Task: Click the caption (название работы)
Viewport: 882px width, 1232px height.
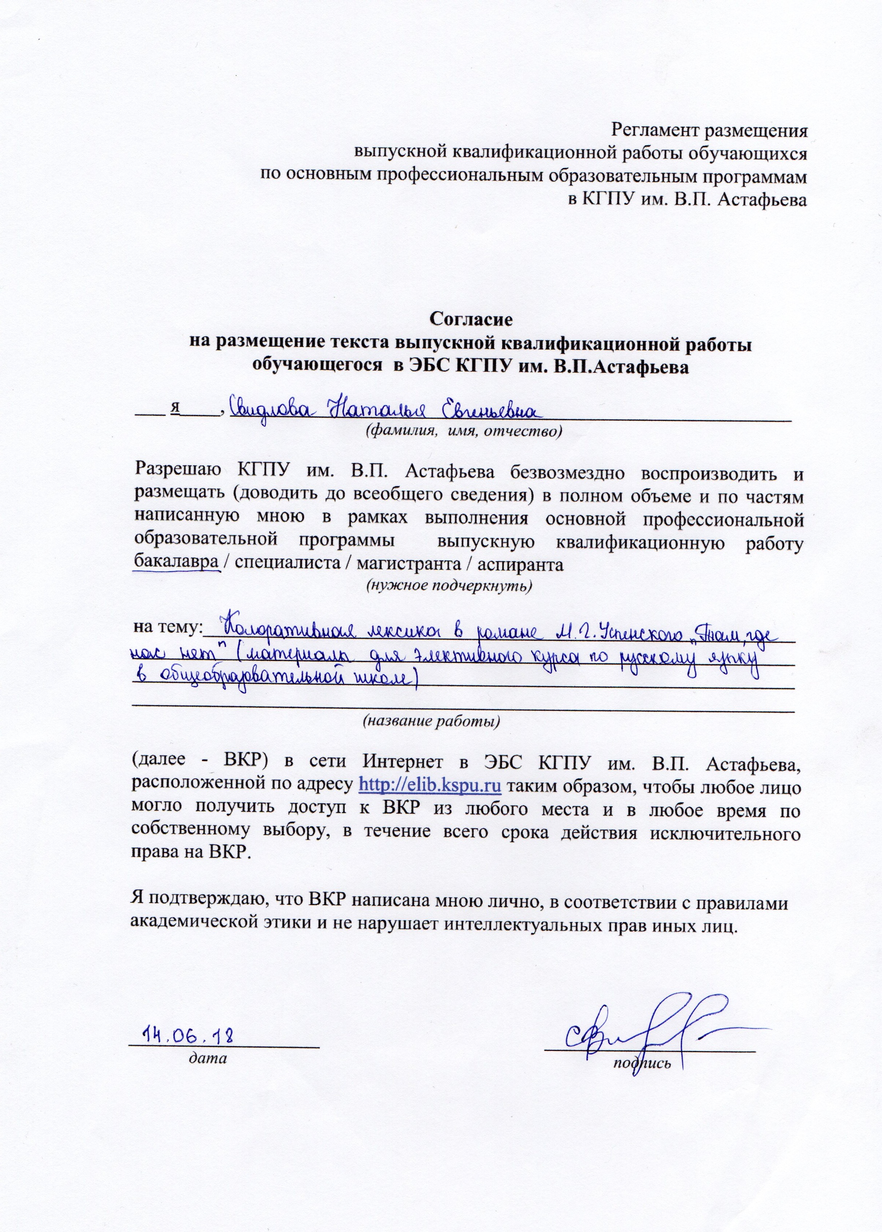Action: (431, 721)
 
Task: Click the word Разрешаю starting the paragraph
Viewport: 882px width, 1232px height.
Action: (176, 472)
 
